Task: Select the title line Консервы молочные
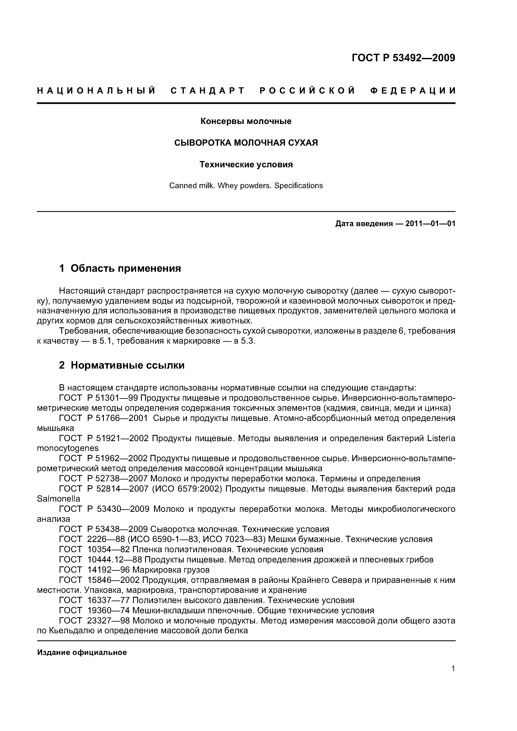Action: pyautogui.click(x=246, y=121)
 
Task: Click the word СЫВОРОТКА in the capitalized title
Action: pyautogui.click(x=203, y=143)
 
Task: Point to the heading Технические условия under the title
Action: pyautogui.click(x=246, y=165)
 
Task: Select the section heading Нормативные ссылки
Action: pyautogui.click(x=127, y=365)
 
